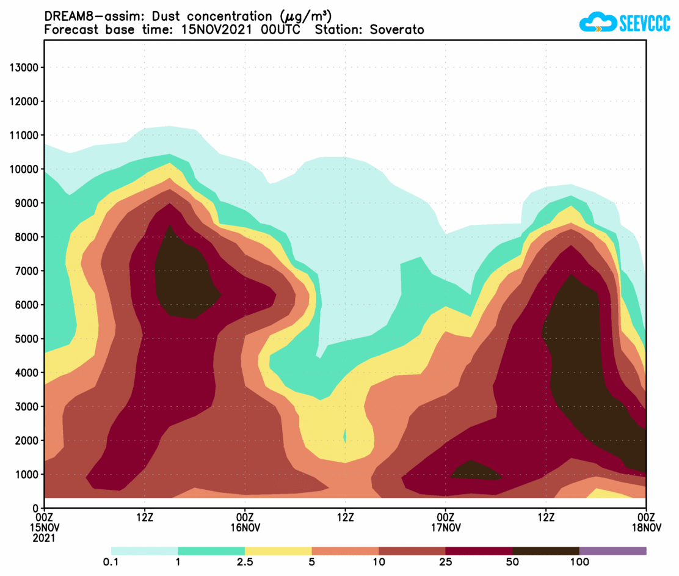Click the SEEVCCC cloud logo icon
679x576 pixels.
pos(598,23)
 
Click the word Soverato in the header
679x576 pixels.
pos(396,29)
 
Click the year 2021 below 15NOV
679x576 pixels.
pos(45,538)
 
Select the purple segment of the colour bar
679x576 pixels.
pos(612,551)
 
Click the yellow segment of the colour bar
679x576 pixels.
pos(278,551)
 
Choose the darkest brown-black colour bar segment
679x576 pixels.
pos(545,551)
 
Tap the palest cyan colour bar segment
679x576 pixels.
pos(144,551)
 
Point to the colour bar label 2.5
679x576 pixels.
pos(245,563)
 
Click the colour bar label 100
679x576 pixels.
pos(579,563)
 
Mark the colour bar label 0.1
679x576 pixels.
pos(111,563)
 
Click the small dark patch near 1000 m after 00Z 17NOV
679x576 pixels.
pos(474,470)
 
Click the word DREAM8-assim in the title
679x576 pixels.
pos(85,16)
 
